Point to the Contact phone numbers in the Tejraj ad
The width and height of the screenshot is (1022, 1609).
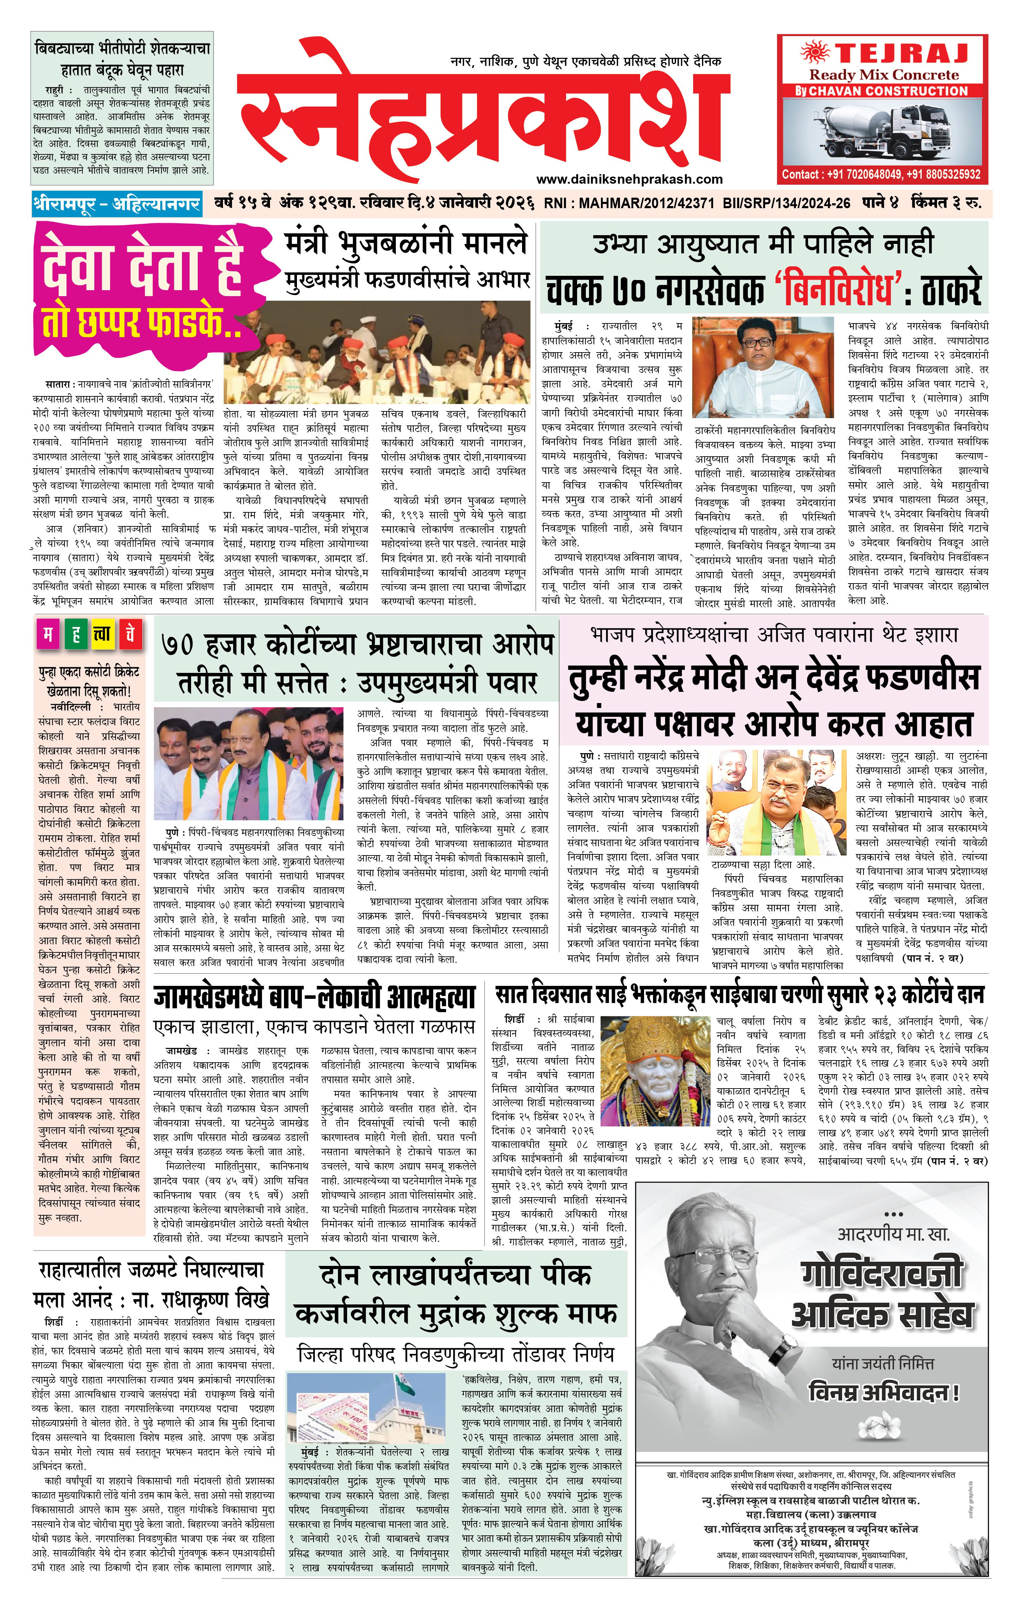(882, 175)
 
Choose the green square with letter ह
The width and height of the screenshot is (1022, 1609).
(75, 634)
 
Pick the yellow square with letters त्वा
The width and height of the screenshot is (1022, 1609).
(102, 634)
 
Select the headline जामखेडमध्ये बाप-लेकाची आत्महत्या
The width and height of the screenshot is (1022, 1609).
(314, 997)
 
